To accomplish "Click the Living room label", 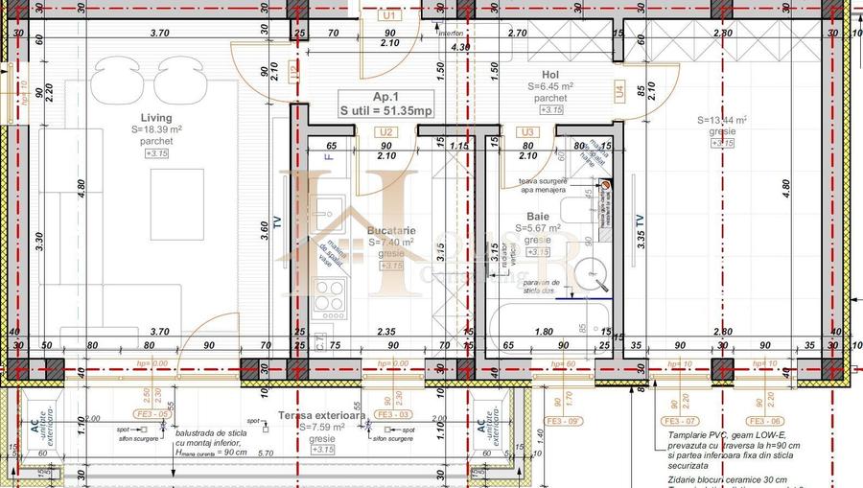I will pos(156,118).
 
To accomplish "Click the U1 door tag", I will pos(388,16).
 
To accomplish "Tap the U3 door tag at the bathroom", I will pos(525,132).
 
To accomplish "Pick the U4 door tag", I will pos(618,91).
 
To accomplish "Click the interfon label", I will pos(451,33).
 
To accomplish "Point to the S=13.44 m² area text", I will pos(721,120).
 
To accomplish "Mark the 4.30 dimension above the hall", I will pos(460,46).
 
